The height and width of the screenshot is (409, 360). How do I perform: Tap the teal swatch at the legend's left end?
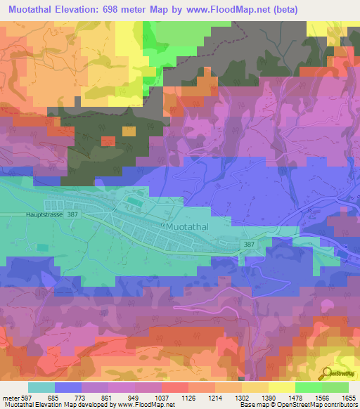(x=41, y=387)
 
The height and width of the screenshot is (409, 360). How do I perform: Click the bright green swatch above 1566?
(x=309, y=387)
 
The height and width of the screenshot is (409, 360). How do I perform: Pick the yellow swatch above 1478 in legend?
(x=282, y=387)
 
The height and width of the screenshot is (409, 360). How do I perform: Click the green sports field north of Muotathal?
(x=134, y=204)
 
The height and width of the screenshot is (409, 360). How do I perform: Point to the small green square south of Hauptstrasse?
(x=44, y=248)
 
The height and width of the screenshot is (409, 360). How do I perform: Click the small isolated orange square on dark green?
(x=129, y=131)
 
